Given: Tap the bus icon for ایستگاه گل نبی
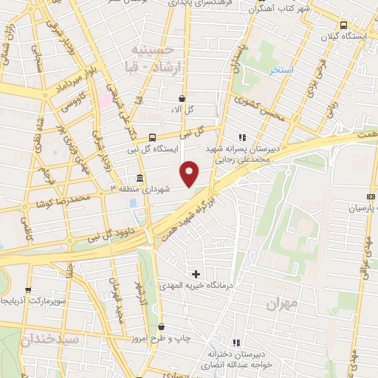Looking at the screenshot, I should click(x=153, y=137).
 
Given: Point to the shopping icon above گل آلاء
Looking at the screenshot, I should click(x=182, y=97).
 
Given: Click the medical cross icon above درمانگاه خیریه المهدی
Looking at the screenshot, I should click(x=196, y=274).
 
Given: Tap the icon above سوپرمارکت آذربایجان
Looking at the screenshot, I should click(x=28, y=290).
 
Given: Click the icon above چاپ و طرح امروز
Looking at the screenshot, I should click(x=161, y=326).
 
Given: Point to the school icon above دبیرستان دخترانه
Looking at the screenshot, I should click(x=236, y=343).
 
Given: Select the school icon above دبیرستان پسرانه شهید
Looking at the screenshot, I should click(x=241, y=137).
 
